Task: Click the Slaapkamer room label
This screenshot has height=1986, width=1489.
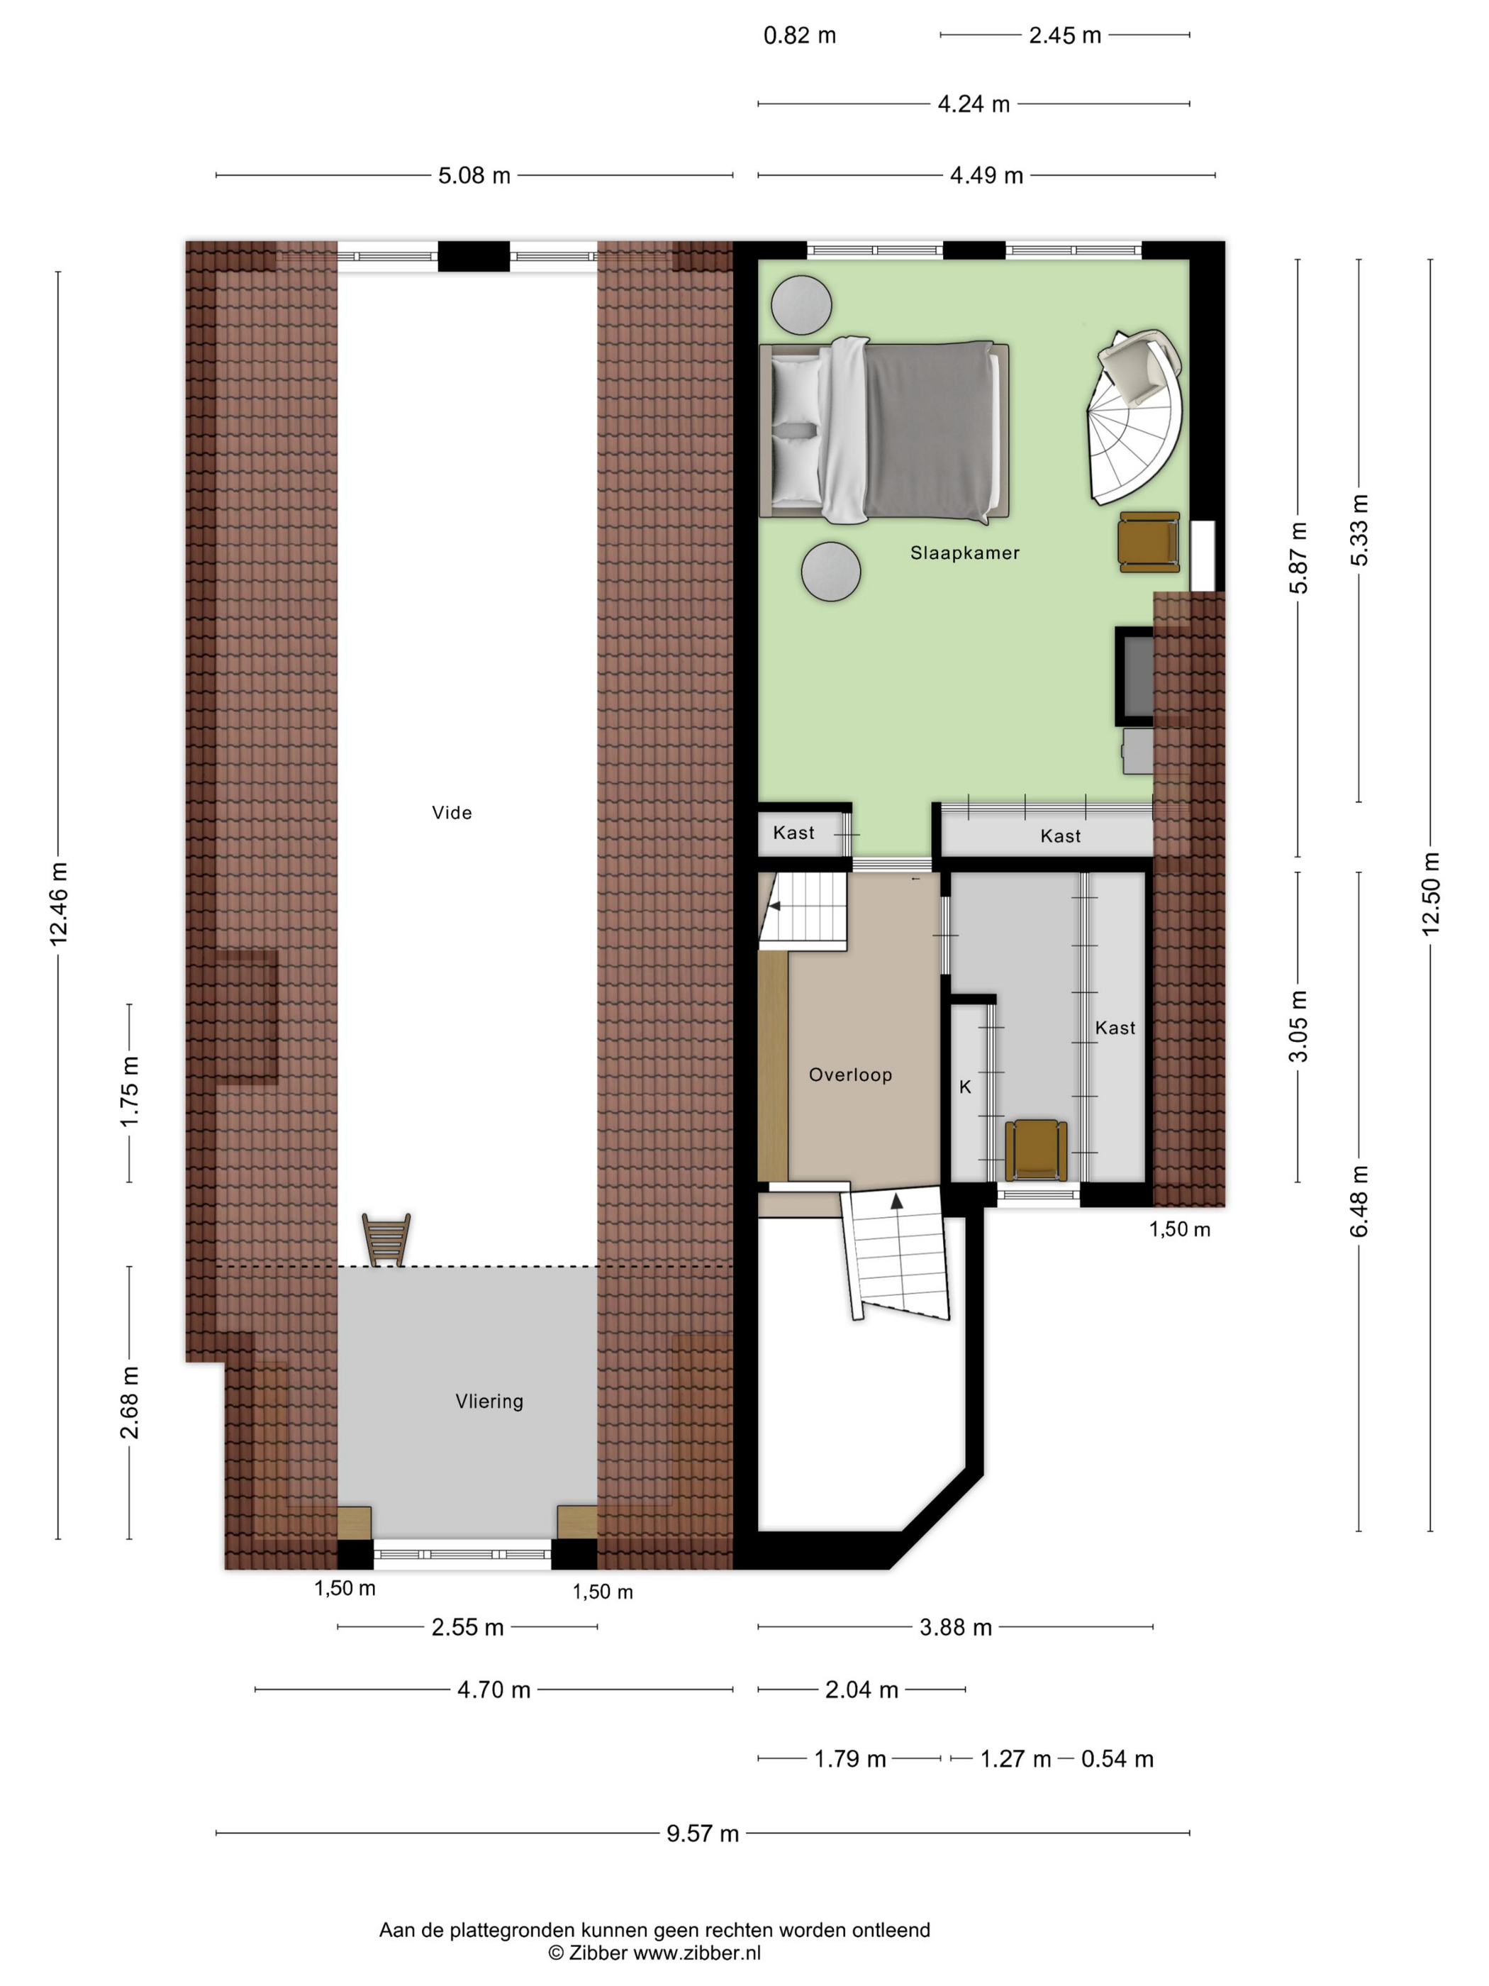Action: (x=965, y=553)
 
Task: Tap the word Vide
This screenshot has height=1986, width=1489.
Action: (x=452, y=813)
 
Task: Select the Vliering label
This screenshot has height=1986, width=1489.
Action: (x=489, y=1402)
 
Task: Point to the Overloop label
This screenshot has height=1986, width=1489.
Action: (x=850, y=1075)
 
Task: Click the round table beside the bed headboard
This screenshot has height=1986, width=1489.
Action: (x=801, y=304)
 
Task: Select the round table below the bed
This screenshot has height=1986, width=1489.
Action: (x=831, y=571)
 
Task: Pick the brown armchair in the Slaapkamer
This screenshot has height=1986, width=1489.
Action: (x=1149, y=543)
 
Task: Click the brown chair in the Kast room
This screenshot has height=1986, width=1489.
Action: (x=1036, y=1150)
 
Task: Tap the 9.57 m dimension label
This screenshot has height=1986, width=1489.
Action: (x=703, y=1834)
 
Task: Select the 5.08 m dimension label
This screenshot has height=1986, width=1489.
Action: (x=474, y=175)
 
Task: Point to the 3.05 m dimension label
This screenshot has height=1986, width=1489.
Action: (x=1298, y=1026)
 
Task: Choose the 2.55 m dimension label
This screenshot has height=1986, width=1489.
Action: (x=467, y=1627)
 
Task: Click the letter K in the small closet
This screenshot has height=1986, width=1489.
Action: (x=966, y=1087)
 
